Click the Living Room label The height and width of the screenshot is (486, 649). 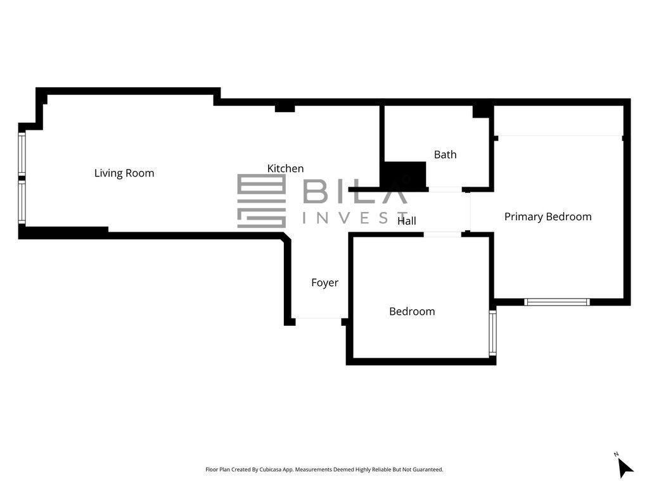click(x=124, y=173)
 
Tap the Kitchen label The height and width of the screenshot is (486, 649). click(x=285, y=168)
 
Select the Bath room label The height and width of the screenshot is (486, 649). click(x=446, y=154)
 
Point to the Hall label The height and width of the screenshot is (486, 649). click(x=406, y=221)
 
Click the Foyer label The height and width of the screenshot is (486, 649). click(x=324, y=283)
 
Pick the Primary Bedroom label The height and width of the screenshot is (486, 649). click(x=548, y=216)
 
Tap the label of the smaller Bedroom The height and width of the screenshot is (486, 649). click(x=412, y=311)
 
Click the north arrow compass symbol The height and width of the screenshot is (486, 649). click(x=624, y=466)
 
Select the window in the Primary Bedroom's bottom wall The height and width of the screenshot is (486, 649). click(x=557, y=302)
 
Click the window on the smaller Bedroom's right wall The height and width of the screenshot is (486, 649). click(x=492, y=333)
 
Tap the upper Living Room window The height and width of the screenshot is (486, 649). click(x=22, y=153)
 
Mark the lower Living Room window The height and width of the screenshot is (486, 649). click(x=22, y=203)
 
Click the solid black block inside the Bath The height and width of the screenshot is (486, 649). click(x=405, y=175)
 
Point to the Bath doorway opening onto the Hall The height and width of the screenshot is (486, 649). click(x=445, y=190)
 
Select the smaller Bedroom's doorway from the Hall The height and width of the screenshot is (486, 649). click(x=442, y=234)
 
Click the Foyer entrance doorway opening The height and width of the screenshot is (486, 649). click(x=318, y=318)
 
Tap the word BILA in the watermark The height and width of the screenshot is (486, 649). click(x=355, y=191)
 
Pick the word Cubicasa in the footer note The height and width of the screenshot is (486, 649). click(x=270, y=470)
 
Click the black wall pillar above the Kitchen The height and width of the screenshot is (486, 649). click(x=285, y=108)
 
